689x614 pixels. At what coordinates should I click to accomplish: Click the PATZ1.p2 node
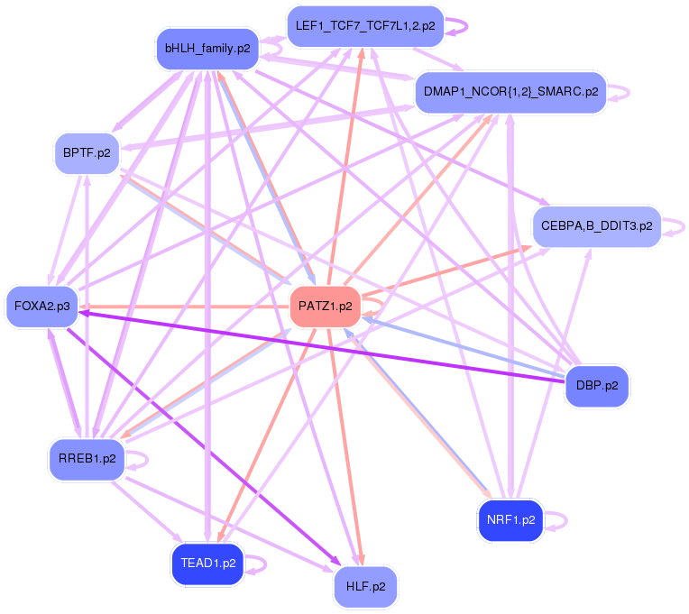coord(326,307)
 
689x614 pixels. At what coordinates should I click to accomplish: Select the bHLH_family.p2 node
coord(207,48)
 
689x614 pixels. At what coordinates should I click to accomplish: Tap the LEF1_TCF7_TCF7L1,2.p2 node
coord(364,26)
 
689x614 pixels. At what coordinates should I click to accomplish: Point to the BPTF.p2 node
coord(87,152)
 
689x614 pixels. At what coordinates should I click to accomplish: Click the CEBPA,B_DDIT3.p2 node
coord(596,225)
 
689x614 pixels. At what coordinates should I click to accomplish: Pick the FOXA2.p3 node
coord(41,307)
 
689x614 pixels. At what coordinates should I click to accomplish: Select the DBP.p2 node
coord(596,386)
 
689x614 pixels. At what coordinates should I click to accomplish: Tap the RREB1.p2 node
coord(87,458)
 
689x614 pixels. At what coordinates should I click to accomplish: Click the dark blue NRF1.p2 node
coord(510,520)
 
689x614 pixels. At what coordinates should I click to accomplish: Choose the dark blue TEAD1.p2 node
coord(207,564)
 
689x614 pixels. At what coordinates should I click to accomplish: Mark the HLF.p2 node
coord(365,586)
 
